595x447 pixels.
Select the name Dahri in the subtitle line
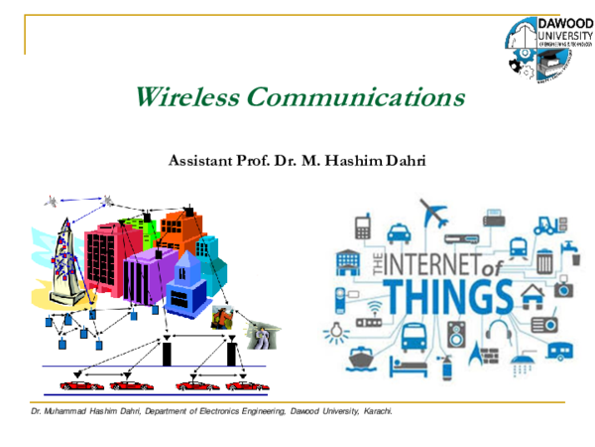pyautogui.click(x=404, y=160)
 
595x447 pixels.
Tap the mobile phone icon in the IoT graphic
pyautogui.click(x=362, y=226)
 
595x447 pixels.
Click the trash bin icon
pyautogui.click(x=544, y=262)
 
